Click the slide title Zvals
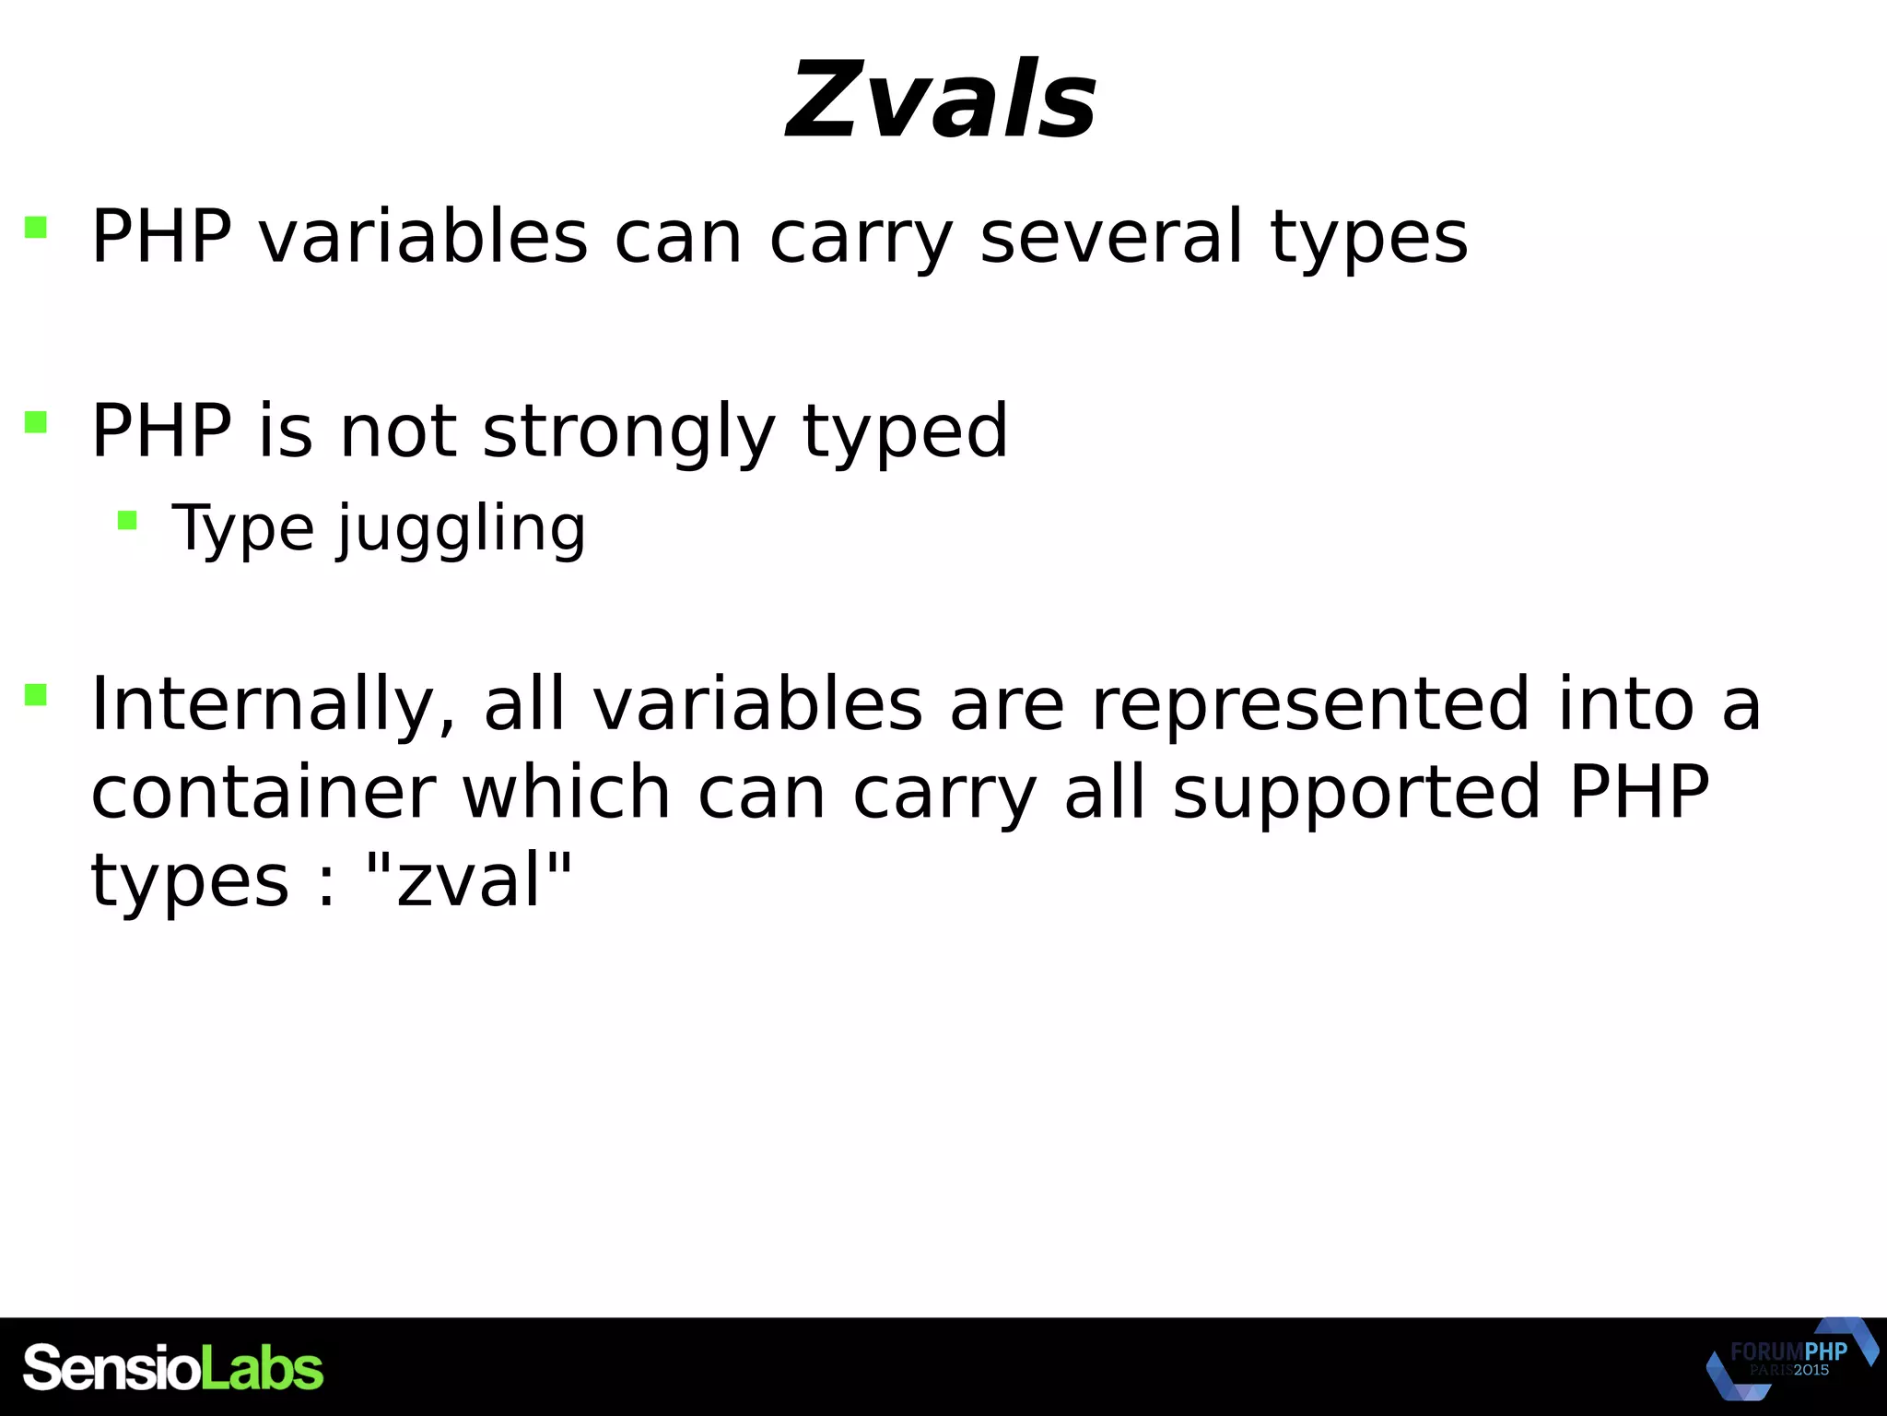point(941,100)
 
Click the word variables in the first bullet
point(422,237)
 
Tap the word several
point(1111,237)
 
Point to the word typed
point(905,431)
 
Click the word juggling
point(461,530)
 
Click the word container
point(263,793)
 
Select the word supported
point(1356,793)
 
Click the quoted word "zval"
point(469,880)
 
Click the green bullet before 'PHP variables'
point(36,227)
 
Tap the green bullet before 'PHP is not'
point(36,422)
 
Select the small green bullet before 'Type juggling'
point(127,522)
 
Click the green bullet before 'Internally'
point(36,694)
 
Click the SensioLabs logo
point(173,1368)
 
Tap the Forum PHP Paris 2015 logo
point(1789,1359)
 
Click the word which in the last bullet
point(566,793)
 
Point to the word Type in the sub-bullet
point(243,530)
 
